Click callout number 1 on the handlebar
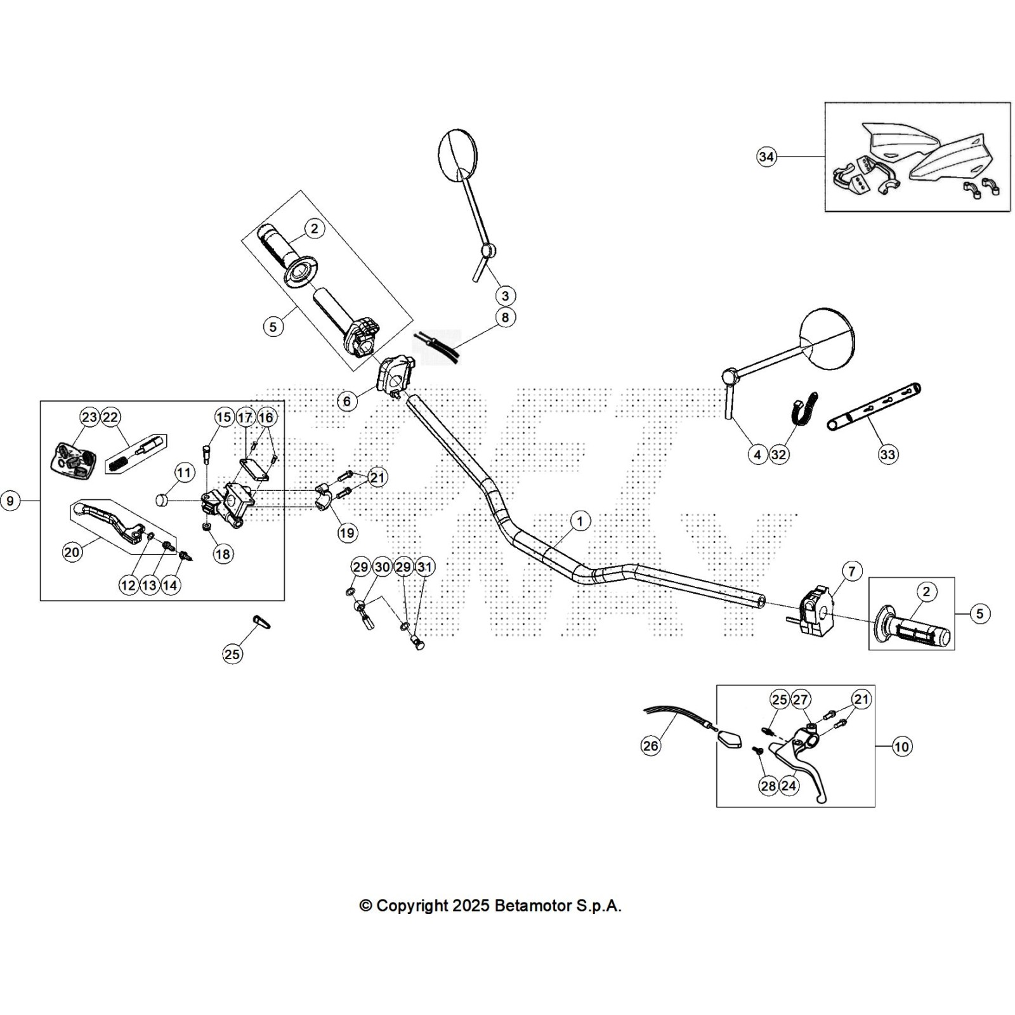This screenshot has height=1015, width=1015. click(x=580, y=521)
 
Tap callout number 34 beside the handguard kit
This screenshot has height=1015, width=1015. click(x=766, y=157)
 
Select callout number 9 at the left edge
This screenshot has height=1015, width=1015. click(x=10, y=501)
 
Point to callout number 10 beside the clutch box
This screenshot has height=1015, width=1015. click(x=901, y=747)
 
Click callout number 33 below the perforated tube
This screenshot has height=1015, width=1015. click(x=887, y=454)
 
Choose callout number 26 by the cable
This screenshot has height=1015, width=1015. click(x=651, y=746)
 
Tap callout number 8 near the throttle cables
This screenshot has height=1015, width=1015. click(x=505, y=317)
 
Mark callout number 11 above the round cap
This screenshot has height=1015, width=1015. click(x=184, y=473)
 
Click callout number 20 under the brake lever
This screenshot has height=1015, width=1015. click(x=72, y=552)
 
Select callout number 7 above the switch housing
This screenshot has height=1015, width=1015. click(x=851, y=571)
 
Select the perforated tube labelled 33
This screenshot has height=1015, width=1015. click(x=875, y=407)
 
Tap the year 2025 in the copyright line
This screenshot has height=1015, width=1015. click(x=470, y=906)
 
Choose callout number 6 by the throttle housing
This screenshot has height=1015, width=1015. click(x=347, y=401)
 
